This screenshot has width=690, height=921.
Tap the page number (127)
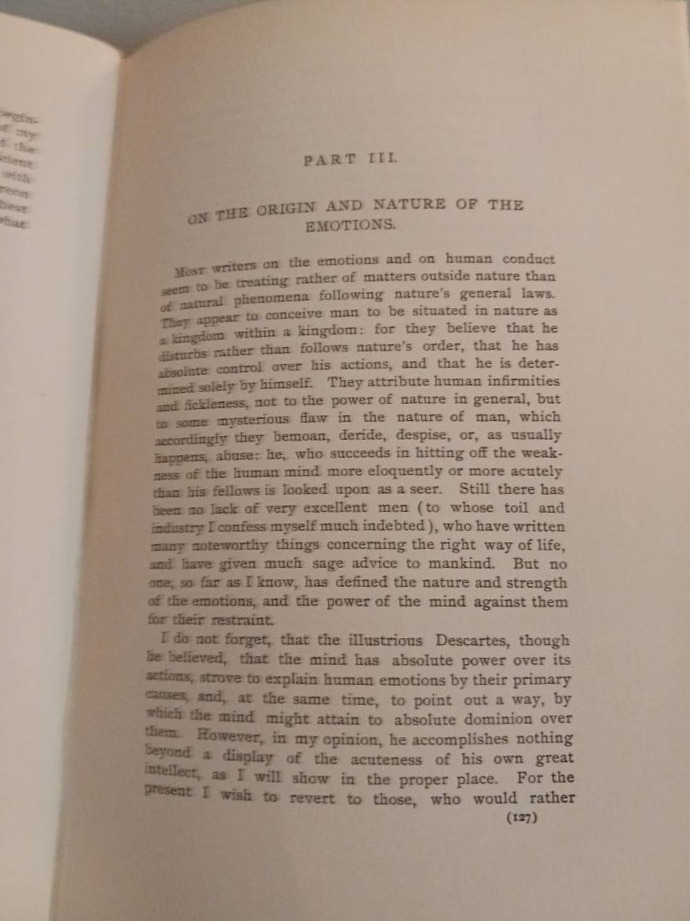pyautogui.click(x=522, y=817)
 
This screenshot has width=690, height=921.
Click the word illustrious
pyautogui.click(x=380, y=641)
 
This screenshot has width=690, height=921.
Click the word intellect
pyautogui.click(x=170, y=775)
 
